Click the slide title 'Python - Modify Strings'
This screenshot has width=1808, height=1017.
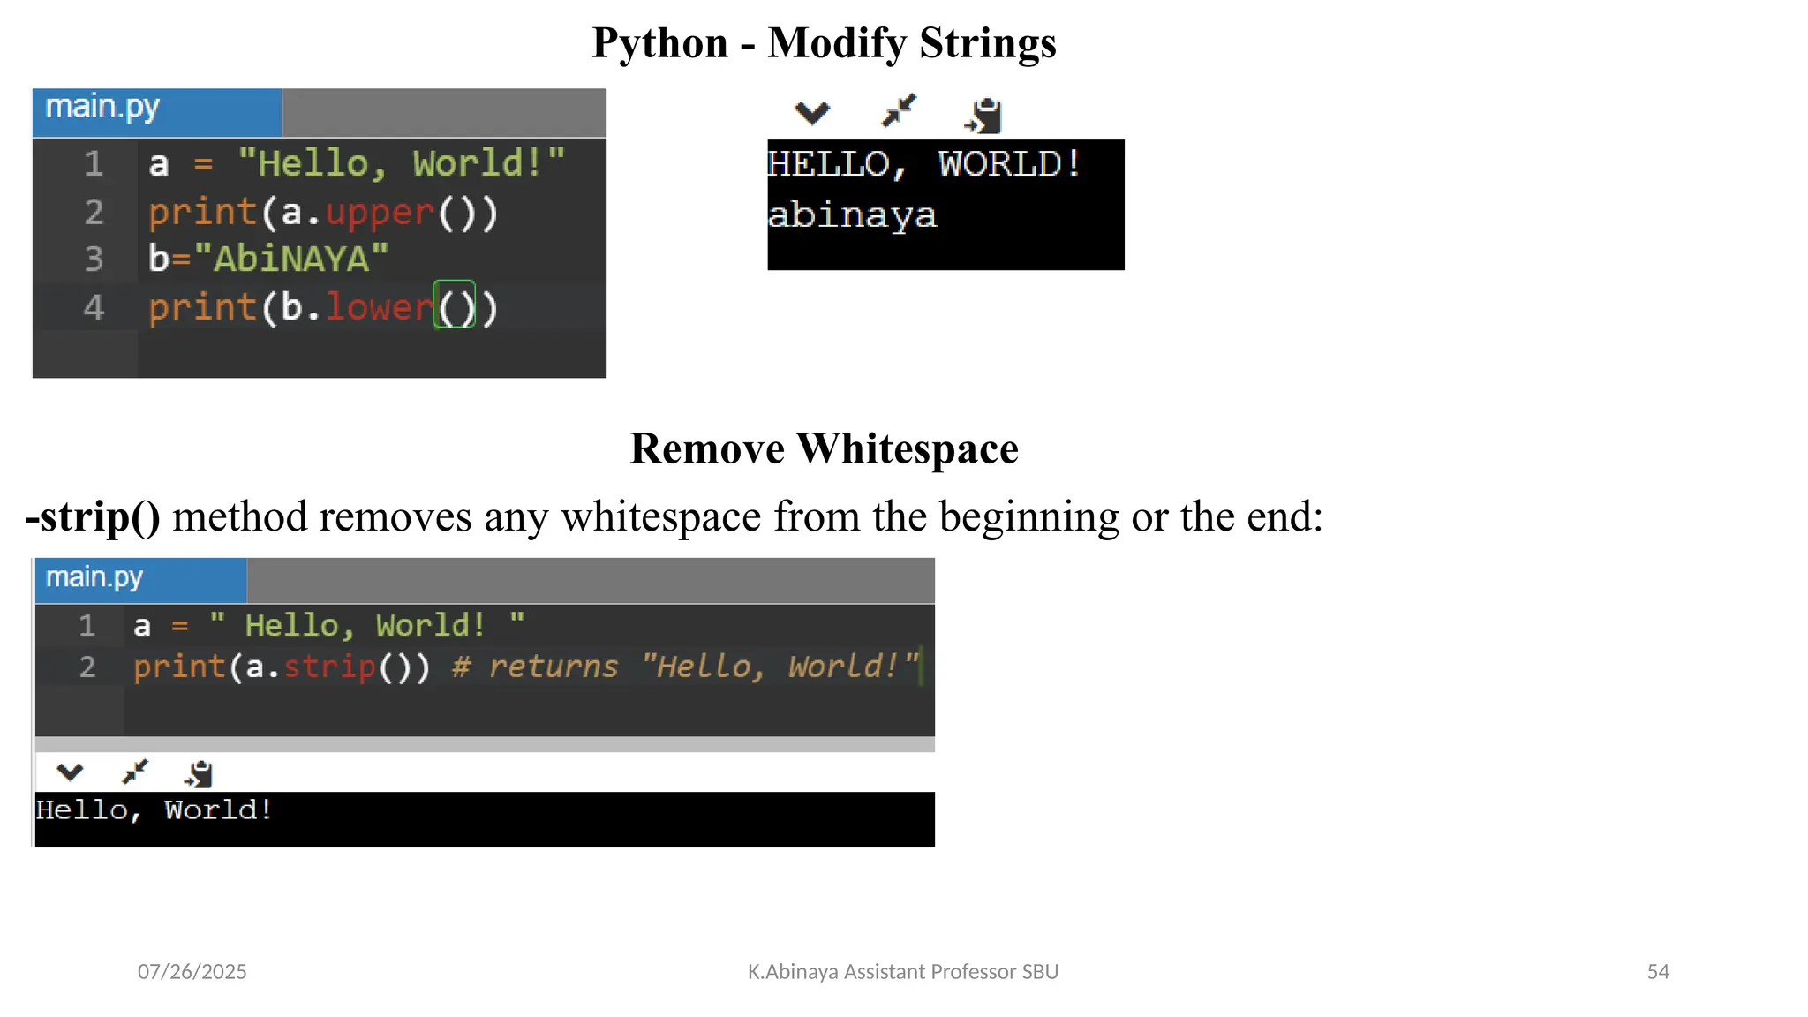pos(824,42)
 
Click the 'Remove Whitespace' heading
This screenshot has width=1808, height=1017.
pos(824,448)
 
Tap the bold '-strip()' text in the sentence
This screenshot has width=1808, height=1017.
pos(94,516)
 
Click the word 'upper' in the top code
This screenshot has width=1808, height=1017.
pos(380,213)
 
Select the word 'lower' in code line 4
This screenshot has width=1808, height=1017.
pos(380,307)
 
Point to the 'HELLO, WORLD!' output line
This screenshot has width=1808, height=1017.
pos(923,164)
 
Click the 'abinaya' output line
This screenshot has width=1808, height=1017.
pos(852,215)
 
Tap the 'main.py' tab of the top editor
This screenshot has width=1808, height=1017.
pos(102,108)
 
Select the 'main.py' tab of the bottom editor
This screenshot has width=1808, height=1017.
pos(94,577)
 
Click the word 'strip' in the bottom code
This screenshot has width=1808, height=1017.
pos(329,667)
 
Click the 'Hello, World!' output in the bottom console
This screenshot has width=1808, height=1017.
pos(154,810)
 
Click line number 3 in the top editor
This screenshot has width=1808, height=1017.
pos(94,260)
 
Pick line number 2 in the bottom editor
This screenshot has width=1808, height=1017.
pos(87,667)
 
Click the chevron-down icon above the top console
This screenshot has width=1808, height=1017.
pos(812,113)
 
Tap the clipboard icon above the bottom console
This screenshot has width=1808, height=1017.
pos(200,773)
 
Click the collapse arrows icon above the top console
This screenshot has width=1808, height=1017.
pos(900,112)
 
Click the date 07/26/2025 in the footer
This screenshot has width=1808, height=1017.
pos(192,972)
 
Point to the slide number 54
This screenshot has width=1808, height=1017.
pos(1658,972)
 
